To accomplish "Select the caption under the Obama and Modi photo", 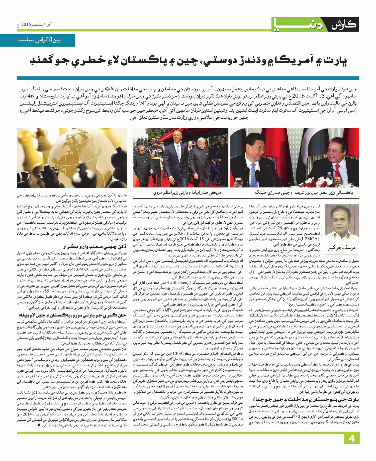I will pos(188,193).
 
